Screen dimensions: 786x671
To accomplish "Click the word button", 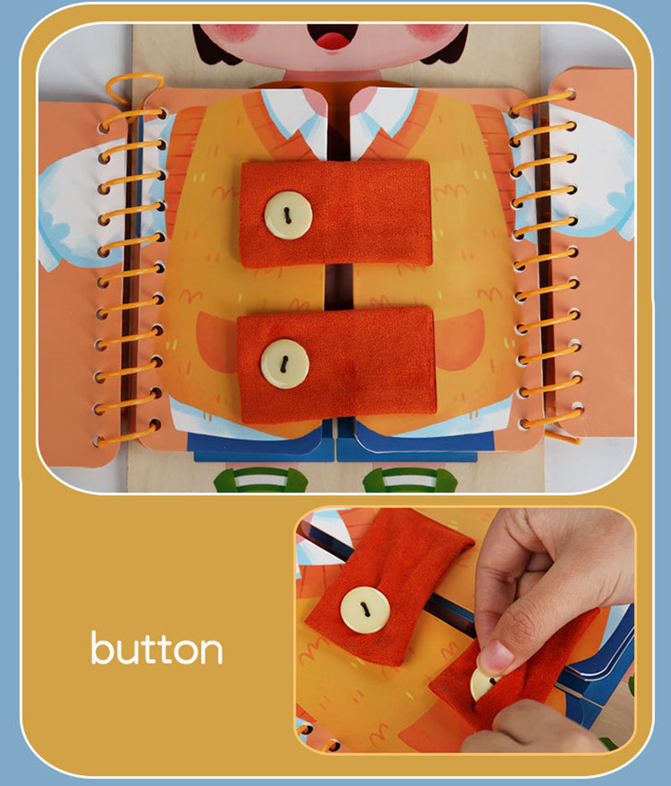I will pyautogui.click(x=157, y=648).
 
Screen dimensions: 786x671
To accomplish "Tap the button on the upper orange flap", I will pyautogui.click(x=288, y=215).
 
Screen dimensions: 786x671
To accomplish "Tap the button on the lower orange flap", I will pyautogui.click(x=283, y=363).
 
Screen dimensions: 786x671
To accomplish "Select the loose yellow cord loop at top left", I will pyautogui.click(x=134, y=86).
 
